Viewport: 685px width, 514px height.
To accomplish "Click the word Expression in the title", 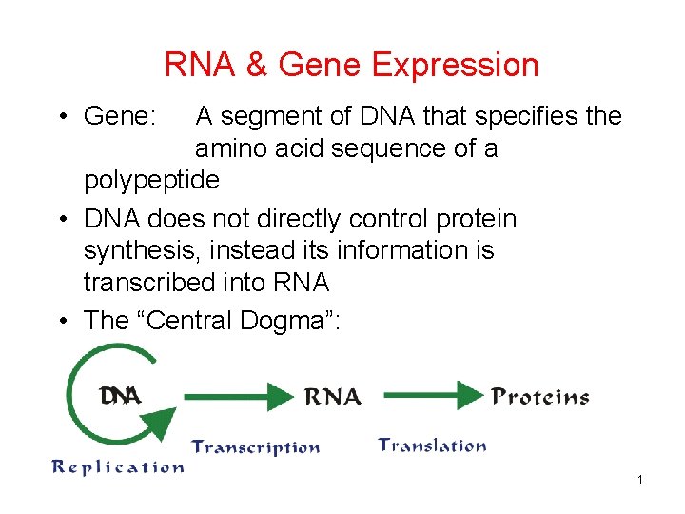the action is tap(455, 66).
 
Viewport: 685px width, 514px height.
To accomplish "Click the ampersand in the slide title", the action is tap(255, 66).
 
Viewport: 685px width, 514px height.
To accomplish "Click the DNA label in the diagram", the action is tap(121, 395).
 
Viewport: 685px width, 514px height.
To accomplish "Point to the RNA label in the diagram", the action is tap(332, 397).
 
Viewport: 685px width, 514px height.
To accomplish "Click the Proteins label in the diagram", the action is tap(540, 397).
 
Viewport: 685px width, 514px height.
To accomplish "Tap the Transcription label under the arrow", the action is tap(256, 446).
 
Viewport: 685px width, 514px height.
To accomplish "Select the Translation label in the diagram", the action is tap(432, 445).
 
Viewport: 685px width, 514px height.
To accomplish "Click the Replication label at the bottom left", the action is tap(117, 466).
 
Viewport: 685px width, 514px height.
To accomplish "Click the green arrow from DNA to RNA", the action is tap(238, 395).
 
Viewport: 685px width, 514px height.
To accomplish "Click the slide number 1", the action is tap(640, 480).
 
